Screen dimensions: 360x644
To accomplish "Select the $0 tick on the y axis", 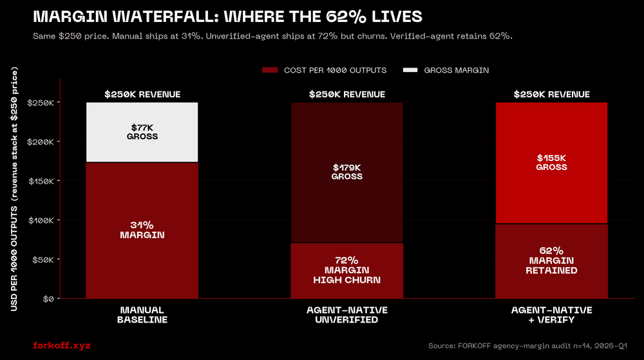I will tap(49, 299).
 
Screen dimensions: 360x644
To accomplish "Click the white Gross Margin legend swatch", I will tap(410, 70).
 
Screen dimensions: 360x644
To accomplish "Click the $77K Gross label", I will tap(142, 132).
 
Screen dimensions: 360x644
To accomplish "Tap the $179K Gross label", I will tap(347, 171).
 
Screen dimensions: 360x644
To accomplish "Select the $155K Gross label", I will tap(551, 162).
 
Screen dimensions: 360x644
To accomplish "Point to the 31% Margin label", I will tap(142, 230).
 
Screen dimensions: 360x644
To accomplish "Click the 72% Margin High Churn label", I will tap(347, 270).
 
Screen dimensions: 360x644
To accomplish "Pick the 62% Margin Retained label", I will tap(551, 260).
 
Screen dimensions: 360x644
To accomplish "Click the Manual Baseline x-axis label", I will tap(142, 315).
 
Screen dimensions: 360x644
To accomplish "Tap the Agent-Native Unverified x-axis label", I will tap(347, 315).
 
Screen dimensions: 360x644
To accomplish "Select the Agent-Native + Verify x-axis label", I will tap(551, 315).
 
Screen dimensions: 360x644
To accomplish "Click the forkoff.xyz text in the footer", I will tap(62, 346).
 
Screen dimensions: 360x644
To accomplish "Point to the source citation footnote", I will tap(527, 346).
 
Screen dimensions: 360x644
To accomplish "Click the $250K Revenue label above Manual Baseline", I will tap(142, 95).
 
